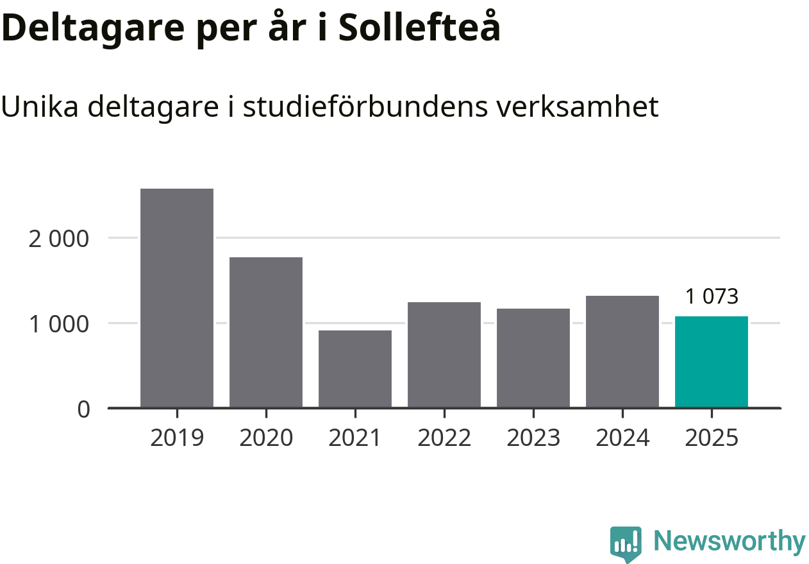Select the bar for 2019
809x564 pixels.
pos(177,298)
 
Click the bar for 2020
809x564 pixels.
pos(266,332)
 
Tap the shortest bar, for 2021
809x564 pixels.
pos(355,369)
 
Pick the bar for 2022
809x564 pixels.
pos(444,355)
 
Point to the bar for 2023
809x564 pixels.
pos(533,358)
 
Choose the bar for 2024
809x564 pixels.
pos(622,352)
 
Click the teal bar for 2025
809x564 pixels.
pos(712,362)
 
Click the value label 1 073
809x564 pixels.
pos(712,296)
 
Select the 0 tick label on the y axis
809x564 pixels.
pos(84,409)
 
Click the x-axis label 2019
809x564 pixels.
pos(177,438)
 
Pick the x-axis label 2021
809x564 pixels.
pos(355,438)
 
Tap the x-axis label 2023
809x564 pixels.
pos(533,438)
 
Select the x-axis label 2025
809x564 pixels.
pos(712,438)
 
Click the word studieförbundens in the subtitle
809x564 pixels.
pos(355,107)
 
